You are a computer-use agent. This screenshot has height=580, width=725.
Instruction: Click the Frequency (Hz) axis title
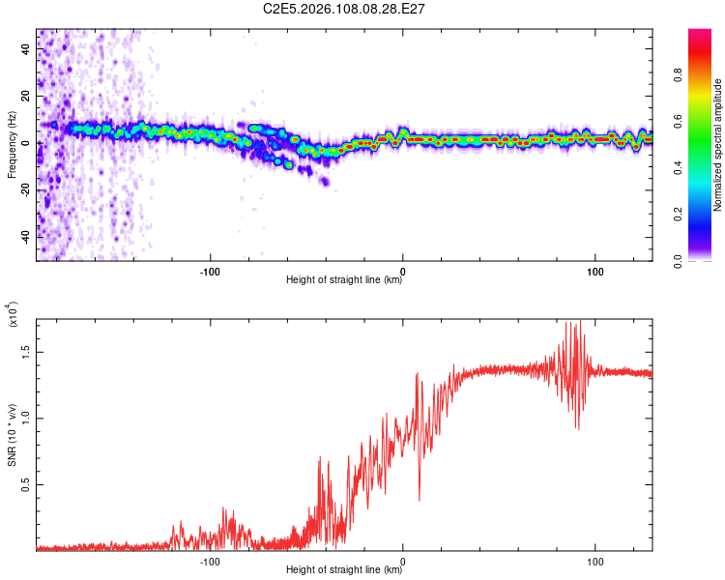[x=12, y=144]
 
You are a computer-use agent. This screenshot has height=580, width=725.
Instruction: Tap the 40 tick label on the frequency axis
[x=26, y=51]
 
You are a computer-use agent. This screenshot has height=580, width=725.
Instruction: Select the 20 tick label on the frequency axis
[x=26, y=98]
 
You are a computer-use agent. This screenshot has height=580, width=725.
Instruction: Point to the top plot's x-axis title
[x=345, y=280]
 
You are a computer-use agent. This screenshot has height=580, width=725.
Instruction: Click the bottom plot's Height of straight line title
[x=345, y=570]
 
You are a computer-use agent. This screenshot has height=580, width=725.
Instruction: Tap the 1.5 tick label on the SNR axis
[x=26, y=354]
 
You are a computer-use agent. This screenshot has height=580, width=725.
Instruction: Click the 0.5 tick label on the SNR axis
[x=26, y=481]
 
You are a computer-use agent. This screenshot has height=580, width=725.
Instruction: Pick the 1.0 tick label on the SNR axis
[x=26, y=418]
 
